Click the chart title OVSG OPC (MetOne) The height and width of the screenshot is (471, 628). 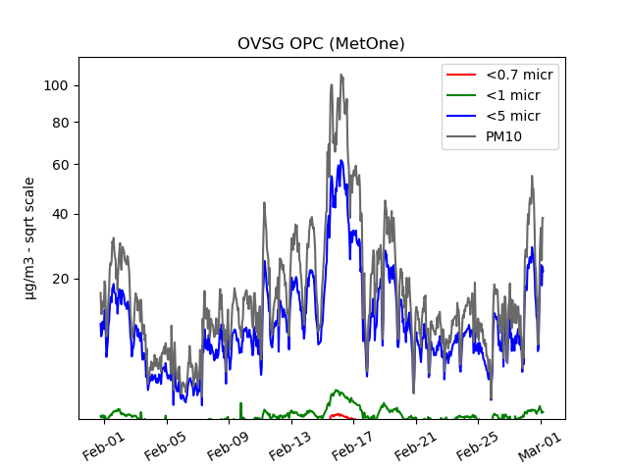click(x=321, y=44)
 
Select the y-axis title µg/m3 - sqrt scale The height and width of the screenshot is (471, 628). click(x=29, y=237)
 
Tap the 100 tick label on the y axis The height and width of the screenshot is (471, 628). click(x=56, y=85)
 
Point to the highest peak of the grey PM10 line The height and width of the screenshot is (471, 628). click(x=341, y=75)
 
